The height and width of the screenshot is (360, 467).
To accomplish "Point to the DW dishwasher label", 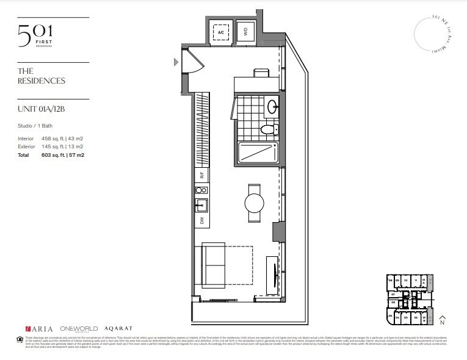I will click(x=201, y=220).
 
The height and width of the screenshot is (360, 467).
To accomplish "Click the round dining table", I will click(x=255, y=202).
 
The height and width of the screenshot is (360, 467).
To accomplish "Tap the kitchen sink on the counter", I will click(x=201, y=203).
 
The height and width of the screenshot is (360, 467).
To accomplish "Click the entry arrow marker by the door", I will click(x=176, y=61).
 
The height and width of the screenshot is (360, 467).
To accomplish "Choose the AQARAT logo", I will click(x=118, y=329).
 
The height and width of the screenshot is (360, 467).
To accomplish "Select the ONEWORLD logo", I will click(x=78, y=329).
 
